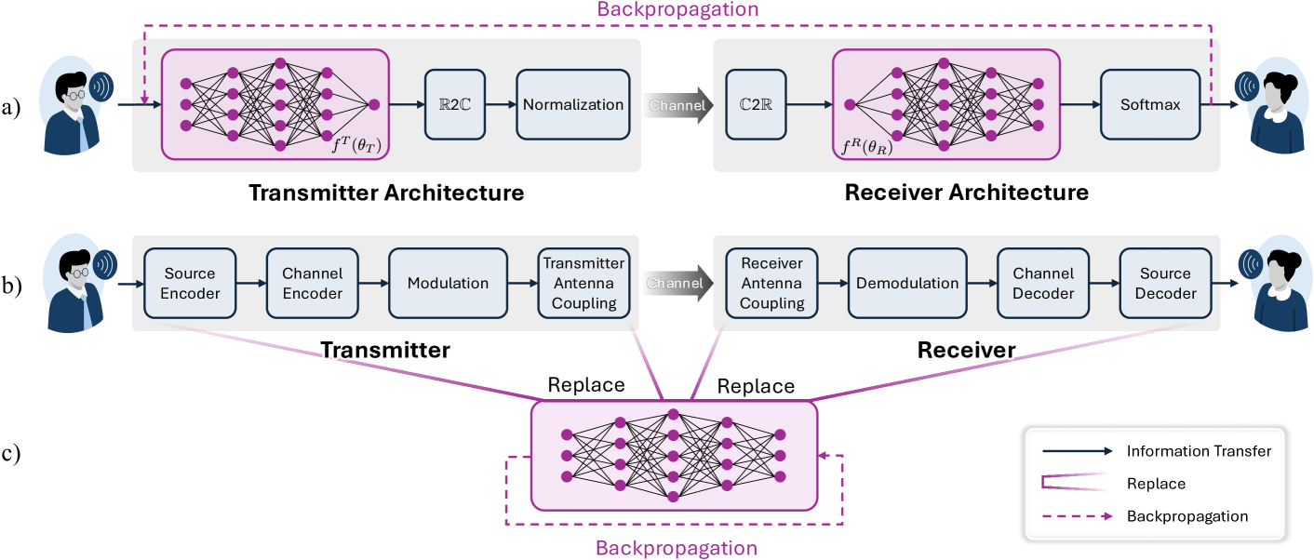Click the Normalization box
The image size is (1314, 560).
coord(572,105)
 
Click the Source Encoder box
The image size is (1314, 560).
coord(190,283)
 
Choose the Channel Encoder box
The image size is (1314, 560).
coord(312,283)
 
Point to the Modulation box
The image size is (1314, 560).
coord(448,283)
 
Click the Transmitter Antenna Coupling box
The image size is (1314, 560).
coord(583,283)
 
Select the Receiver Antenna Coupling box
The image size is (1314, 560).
coord(771,283)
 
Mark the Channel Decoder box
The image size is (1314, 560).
coord(1043,283)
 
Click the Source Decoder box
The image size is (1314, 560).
coord(1165,283)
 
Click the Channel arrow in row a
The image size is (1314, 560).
coord(677,105)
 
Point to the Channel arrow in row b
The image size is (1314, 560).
coord(677,283)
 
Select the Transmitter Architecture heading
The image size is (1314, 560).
coord(386,193)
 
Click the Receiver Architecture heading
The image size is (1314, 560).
coord(966,193)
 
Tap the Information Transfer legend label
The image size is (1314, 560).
coord(1199,452)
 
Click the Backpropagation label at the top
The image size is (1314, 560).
coord(677,10)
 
